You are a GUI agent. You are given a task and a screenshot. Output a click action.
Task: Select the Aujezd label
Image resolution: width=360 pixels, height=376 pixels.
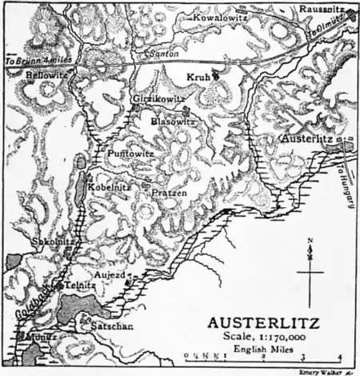(111, 274)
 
